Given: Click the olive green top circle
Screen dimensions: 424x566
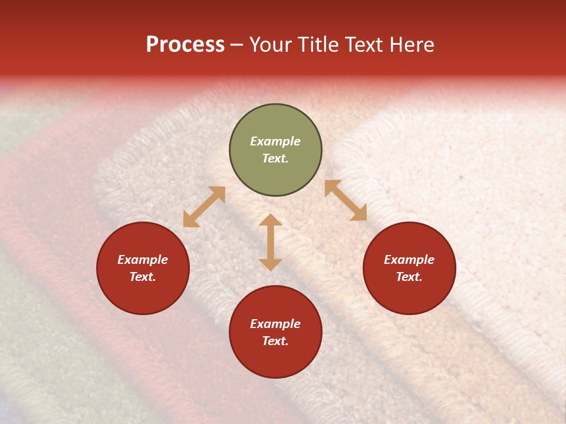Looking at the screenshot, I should pos(275,150).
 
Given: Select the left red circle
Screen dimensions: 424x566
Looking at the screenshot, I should pos(143,269).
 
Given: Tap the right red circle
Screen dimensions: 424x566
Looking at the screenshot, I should pos(409,269).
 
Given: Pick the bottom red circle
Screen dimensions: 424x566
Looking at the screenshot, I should pos(275,332).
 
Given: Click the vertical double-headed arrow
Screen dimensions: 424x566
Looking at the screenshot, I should pos(271,242).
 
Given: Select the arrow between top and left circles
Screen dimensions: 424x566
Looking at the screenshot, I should pos(204,207).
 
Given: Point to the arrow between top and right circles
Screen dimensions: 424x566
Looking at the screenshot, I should pos(345,200).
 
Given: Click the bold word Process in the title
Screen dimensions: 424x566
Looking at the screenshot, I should pos(185,45).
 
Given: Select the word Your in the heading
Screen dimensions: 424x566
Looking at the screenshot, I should pos(272,45).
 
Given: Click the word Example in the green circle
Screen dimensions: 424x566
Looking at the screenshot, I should pos(275,141).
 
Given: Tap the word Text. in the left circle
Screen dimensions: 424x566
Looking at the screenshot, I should pos(143,277).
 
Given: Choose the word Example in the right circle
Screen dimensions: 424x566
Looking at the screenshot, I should pos(409,260).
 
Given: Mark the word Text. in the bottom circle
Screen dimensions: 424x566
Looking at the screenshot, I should pos(275,341).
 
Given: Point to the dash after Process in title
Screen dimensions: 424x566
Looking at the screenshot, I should pos(237,45).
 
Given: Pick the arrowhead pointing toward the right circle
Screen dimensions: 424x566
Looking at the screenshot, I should pos(358,213).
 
